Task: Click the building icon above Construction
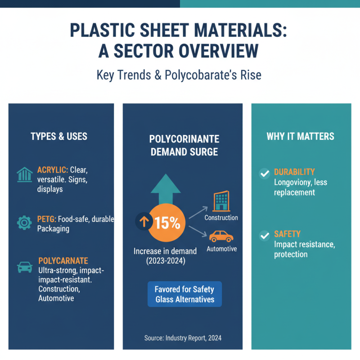pyautogui.click(x=221, y=201)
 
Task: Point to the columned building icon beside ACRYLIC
pyautogui.click(x=24, y=175)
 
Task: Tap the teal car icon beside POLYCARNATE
pyautogui.click(x=24, y=267)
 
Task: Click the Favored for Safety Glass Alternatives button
pyautogui.click(x=184, y=294)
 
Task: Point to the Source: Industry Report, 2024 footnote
pyautogui.click(x=183, y=338)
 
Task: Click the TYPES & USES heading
pyautogui.click(x=59, y=136)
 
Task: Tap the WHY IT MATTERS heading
pyautogui.click(x=300, y=136)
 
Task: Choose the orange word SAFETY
pyautogui.click(x=287, y=234)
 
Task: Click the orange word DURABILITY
pyautogui.click(x=294, y=172)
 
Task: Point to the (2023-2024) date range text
pyautogui.click(x=165, y=261)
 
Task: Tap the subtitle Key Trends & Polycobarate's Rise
pyautogui.click(x=179, y=75)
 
